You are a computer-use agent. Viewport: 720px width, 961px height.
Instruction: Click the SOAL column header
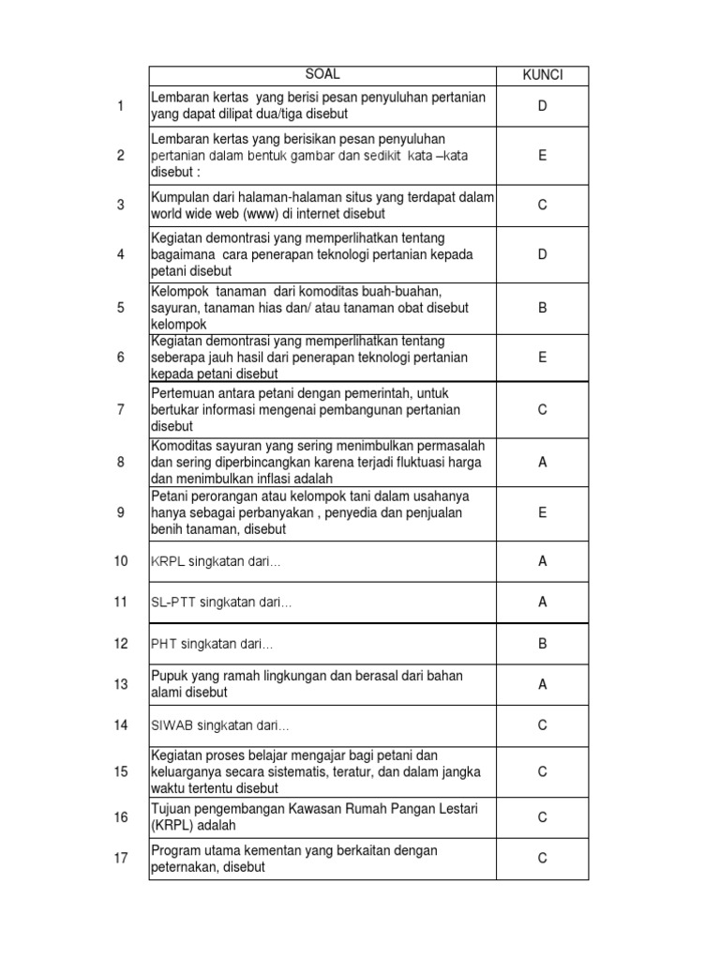[x=322, y=74]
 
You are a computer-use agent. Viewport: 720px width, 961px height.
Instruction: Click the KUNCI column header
[x=542, y=75]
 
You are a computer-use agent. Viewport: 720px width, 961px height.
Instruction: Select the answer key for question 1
[x=542, y=106]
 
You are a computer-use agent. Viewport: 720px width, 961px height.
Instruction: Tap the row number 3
[x=120, y=205]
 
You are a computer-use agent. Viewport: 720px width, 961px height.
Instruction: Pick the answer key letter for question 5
[x=542, y=307]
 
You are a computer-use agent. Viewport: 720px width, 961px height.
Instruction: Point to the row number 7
[x=120, y=409]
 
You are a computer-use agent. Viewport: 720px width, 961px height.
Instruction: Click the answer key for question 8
[x=542, y=462]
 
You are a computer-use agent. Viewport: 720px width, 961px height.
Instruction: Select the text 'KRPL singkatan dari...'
[x=216, y=561]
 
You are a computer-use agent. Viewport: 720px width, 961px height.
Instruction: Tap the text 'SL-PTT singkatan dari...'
[x=221, y=603]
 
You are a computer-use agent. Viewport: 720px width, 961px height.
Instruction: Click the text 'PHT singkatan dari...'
[x=212, y=644]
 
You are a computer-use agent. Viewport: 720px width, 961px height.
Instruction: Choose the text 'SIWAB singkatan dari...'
[x=220, y=725]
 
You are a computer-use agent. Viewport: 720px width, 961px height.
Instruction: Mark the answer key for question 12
[x=542, y=644]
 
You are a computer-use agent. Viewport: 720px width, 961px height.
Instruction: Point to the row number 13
[x=120, y=684]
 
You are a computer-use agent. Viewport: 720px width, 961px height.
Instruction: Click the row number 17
[x=120, y=859]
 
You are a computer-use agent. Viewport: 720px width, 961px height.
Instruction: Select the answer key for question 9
[x=542, y=512]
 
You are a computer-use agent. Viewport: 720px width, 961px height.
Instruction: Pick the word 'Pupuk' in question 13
[x=169, y=676]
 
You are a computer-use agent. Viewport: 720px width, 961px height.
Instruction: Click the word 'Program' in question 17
[x=175, y=850]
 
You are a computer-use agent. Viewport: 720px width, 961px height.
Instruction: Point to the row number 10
[x=120, y=561]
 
